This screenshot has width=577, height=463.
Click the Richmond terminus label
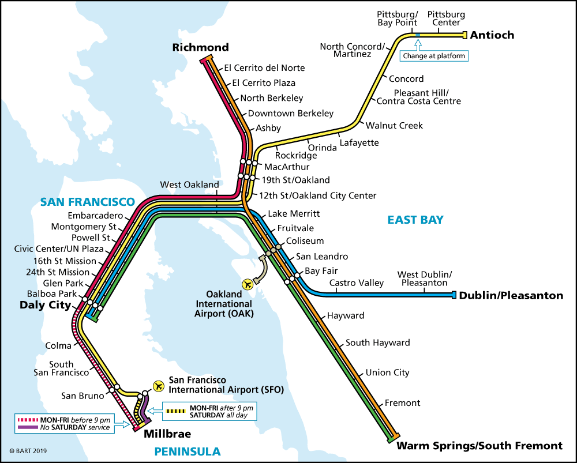tap(200, 47)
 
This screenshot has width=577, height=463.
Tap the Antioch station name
tap(492, 35)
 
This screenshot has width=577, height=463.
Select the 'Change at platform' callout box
tap(434, 56)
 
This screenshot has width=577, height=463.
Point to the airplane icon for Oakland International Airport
tap(249, 284)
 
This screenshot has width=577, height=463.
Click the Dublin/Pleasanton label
tap(511, 296)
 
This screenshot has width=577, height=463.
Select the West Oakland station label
tap(189, 185)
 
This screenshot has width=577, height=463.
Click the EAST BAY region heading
tap(415, 220)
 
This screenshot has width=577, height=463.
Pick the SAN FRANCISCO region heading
tap(87, 202)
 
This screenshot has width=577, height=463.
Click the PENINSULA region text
tap(188, 451)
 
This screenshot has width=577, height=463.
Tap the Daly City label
tap(45, 305)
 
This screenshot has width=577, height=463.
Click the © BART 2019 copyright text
tap(27, 451)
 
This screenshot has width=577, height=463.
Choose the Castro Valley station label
tap(356, 283)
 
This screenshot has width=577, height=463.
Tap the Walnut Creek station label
tap(394, 125)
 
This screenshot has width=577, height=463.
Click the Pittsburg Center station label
tap(446, 18)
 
